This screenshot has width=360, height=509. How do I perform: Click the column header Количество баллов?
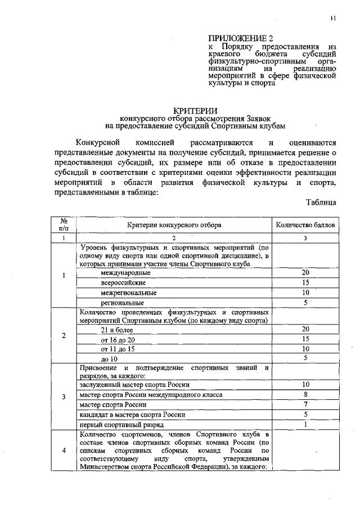tap(305, 225)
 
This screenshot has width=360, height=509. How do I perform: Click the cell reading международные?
tap(125, 273)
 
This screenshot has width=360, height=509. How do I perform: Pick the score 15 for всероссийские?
tap(305, 282)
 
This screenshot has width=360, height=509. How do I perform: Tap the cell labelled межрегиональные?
tap(128, 292)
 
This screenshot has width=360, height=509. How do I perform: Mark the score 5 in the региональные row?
tap(305, 303)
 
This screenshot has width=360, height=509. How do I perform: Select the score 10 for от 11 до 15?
tap(305, 349)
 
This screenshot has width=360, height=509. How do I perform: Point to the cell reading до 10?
tap(109, 358)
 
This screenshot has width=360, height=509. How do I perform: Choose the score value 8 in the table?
tap(305, 394)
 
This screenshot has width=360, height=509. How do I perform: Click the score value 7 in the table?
tap(305, 404)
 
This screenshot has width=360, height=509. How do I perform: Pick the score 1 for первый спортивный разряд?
tap(305, 425)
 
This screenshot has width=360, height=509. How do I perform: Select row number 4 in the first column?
tap(64, 450)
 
